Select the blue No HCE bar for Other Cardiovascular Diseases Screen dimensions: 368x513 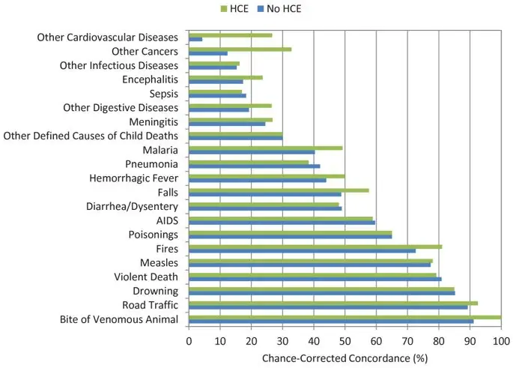(x=195, y=39)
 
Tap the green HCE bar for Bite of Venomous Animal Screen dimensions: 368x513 (x=344, y=317)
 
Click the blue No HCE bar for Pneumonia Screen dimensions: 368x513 (x=254, y=166)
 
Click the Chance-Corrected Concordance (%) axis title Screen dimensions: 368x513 (x=344, y=358)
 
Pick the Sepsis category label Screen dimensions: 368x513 (x=163, y=94)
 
